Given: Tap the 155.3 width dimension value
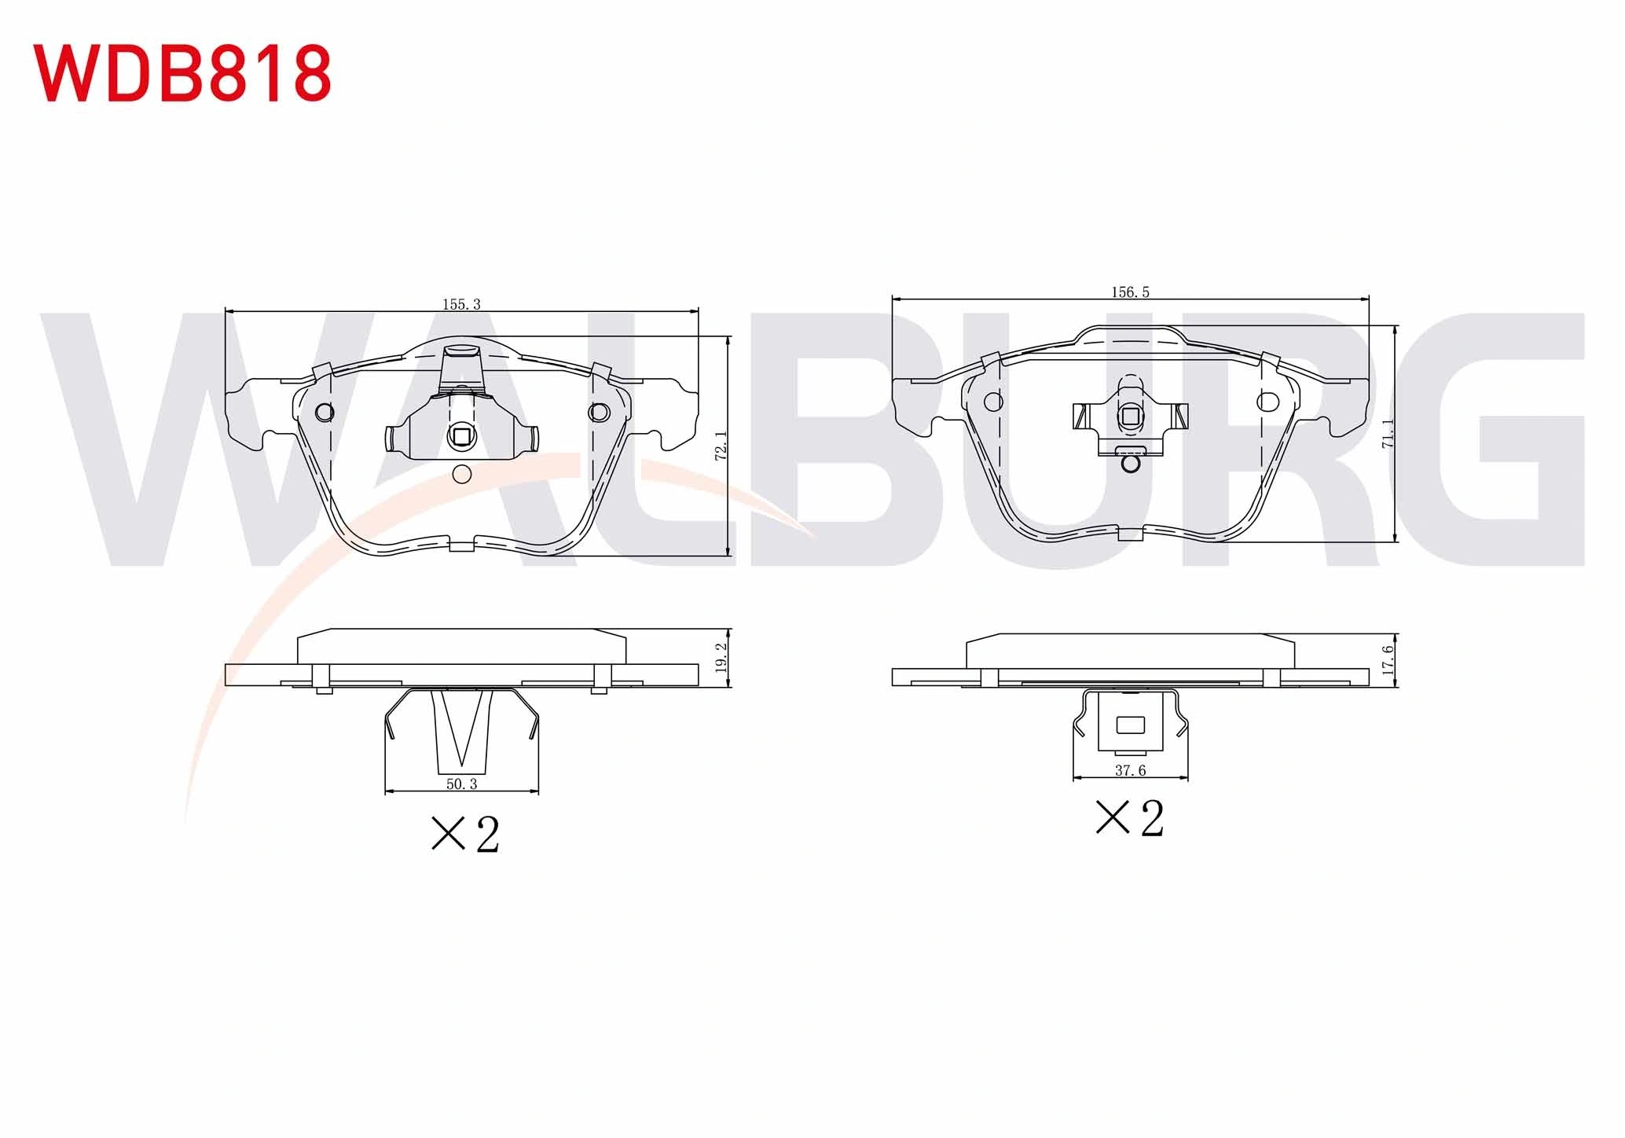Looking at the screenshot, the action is (461, 304).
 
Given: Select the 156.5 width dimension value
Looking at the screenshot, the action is (1130, 292).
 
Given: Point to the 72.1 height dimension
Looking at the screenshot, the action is (721, 445).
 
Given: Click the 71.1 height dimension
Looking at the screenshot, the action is (1388, 433).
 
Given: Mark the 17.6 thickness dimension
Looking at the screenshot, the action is (1388, 660).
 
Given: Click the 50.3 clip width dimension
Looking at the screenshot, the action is (461, 784).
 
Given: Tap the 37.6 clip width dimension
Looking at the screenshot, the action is (1130, 770).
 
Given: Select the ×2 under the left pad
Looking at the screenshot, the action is (465, 834).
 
